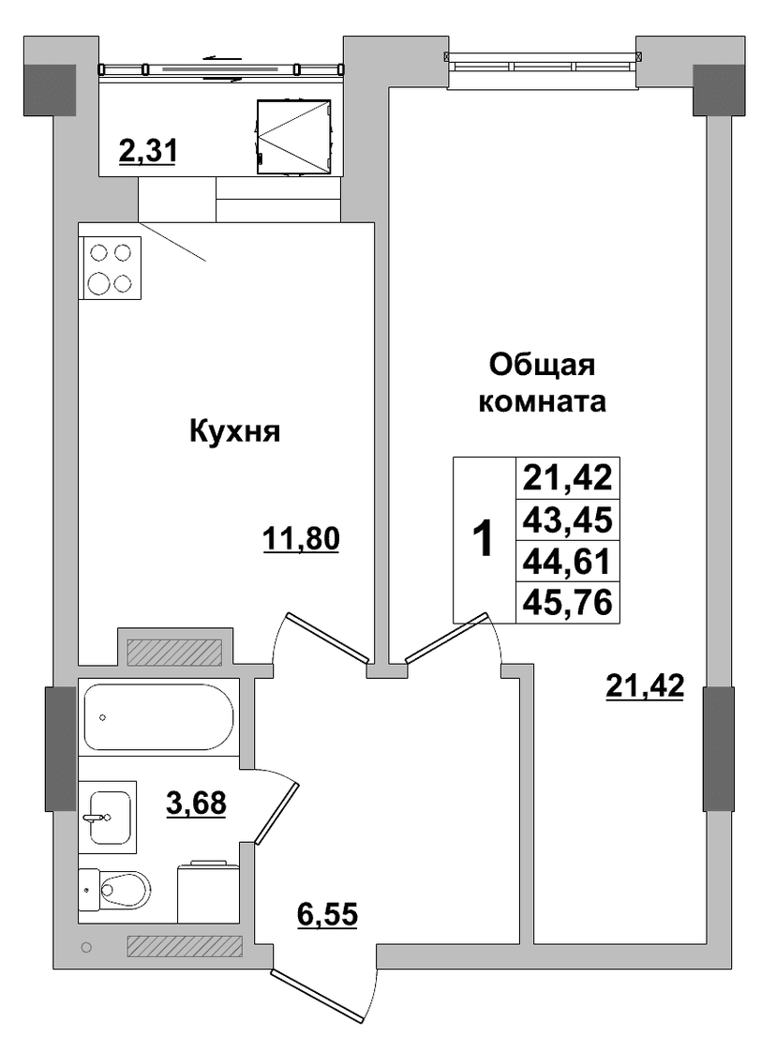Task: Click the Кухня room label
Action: coord(234,431)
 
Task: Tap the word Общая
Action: coord(542,367)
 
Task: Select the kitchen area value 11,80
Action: coord(301,539)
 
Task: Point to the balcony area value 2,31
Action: coord(147,150)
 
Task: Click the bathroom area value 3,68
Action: coord(196,803)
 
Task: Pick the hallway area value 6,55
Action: coord(327,914)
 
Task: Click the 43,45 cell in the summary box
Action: coord(567,520)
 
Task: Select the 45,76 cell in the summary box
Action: coord(567,603)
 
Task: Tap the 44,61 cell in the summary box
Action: coord(567,562)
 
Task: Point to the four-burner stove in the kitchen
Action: coord(110,268)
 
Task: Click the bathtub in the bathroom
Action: coord(158,716)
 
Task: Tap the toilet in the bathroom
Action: coord(114,888)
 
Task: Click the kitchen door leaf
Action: coord(327,636)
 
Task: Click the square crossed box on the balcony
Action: coord(294,137)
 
